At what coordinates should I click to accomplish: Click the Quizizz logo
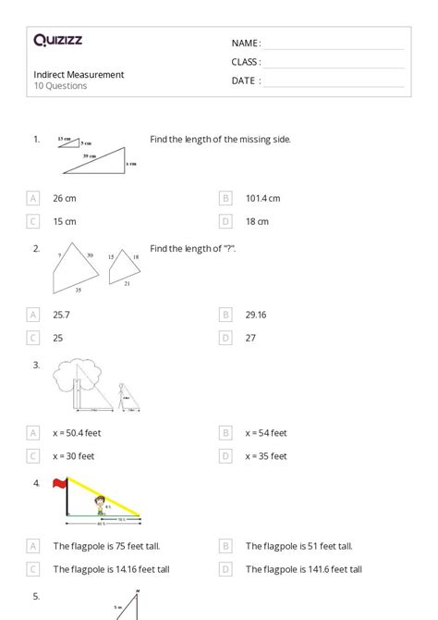[x=57, y=40]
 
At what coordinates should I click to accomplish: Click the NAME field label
[x=246, y=43]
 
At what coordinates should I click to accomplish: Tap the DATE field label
[x=246, y=81]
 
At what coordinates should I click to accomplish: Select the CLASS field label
[x=246, y=62]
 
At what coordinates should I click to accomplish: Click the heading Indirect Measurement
[x=79, y=74]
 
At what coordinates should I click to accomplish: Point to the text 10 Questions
[x=60, y=86]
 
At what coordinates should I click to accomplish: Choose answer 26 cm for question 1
[x=64, y=198]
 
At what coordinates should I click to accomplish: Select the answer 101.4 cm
[x=262, y=198]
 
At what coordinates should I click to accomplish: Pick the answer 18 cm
[x=257, y=221]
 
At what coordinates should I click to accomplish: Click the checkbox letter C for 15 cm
[x=34, y=221]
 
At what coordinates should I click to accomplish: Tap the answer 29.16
[x=256, y=315]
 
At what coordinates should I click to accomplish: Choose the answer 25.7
[x=62, y=315]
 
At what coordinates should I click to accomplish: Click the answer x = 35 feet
[x=266, y=455]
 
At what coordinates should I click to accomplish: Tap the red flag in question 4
[x=61, y=483]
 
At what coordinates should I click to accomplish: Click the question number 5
[x=36, y=597]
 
